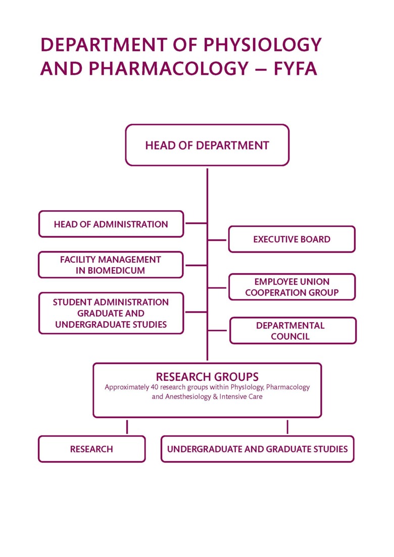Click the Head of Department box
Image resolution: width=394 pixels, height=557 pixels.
(x=207, y=145)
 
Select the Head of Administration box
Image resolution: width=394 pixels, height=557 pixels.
(x=111, y=224)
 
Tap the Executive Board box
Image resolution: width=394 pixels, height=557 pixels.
(x=291, y=239)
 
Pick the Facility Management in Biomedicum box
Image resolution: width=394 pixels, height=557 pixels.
(x=111, y=265)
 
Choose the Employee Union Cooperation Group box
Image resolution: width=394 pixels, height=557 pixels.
(x=291, y=287)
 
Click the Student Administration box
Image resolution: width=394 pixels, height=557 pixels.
(x=111, y=313)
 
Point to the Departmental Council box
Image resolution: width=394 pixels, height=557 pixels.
(x=292, y=331)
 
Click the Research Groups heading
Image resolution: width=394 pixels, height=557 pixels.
(x=207, y=377)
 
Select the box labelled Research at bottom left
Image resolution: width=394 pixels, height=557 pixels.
(x=91, y=449)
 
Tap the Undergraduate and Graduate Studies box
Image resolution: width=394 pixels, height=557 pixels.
(x=257, y=449)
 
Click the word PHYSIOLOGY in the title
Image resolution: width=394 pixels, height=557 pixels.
(x=262, y=45)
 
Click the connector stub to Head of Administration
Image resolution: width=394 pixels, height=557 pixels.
(x=196, y=223)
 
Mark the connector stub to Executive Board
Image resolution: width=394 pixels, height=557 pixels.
(x=218, y=240)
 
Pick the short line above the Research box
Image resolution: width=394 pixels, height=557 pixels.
(x=127, y=427)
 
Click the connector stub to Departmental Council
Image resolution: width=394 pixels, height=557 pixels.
(x=218, y=331)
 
